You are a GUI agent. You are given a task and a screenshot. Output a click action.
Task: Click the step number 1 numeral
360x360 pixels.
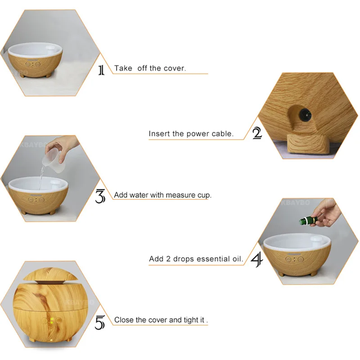101,70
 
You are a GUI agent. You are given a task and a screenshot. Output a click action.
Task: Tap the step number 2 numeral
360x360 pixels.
257,133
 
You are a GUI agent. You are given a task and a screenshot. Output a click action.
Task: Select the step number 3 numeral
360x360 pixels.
100,196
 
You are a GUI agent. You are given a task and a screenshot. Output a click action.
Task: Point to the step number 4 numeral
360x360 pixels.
256,260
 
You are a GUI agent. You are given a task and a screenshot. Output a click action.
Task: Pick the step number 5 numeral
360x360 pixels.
100,322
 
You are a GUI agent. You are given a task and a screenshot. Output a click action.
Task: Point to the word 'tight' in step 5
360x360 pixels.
192,320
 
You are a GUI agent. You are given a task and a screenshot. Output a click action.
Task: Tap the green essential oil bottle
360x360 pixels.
308,220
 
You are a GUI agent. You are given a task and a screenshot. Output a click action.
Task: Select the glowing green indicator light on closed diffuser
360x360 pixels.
52,320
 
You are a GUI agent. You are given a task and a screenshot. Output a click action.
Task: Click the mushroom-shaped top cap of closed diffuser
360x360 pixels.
50,274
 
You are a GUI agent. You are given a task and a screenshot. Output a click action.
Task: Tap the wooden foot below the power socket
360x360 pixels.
307,144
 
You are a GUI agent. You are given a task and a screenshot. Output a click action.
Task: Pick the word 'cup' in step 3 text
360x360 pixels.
204,195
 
